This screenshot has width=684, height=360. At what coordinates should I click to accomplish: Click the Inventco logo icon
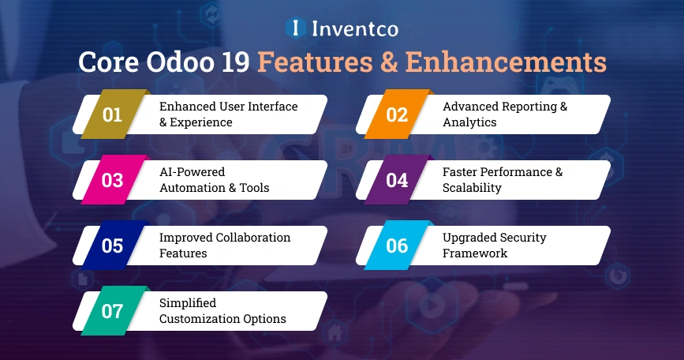295,29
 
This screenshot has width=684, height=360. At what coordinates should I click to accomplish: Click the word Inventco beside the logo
353,29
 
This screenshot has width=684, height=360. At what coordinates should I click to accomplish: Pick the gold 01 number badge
113,114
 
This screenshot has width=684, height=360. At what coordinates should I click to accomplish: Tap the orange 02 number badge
397,114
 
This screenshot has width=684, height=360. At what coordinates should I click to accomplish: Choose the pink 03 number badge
113,180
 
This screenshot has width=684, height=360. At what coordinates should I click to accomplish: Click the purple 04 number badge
397,180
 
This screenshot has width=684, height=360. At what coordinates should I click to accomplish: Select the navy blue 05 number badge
113,246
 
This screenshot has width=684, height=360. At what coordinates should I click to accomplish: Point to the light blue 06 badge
397,246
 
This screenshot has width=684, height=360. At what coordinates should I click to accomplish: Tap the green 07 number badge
113,311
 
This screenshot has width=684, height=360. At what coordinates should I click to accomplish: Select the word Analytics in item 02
469,122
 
